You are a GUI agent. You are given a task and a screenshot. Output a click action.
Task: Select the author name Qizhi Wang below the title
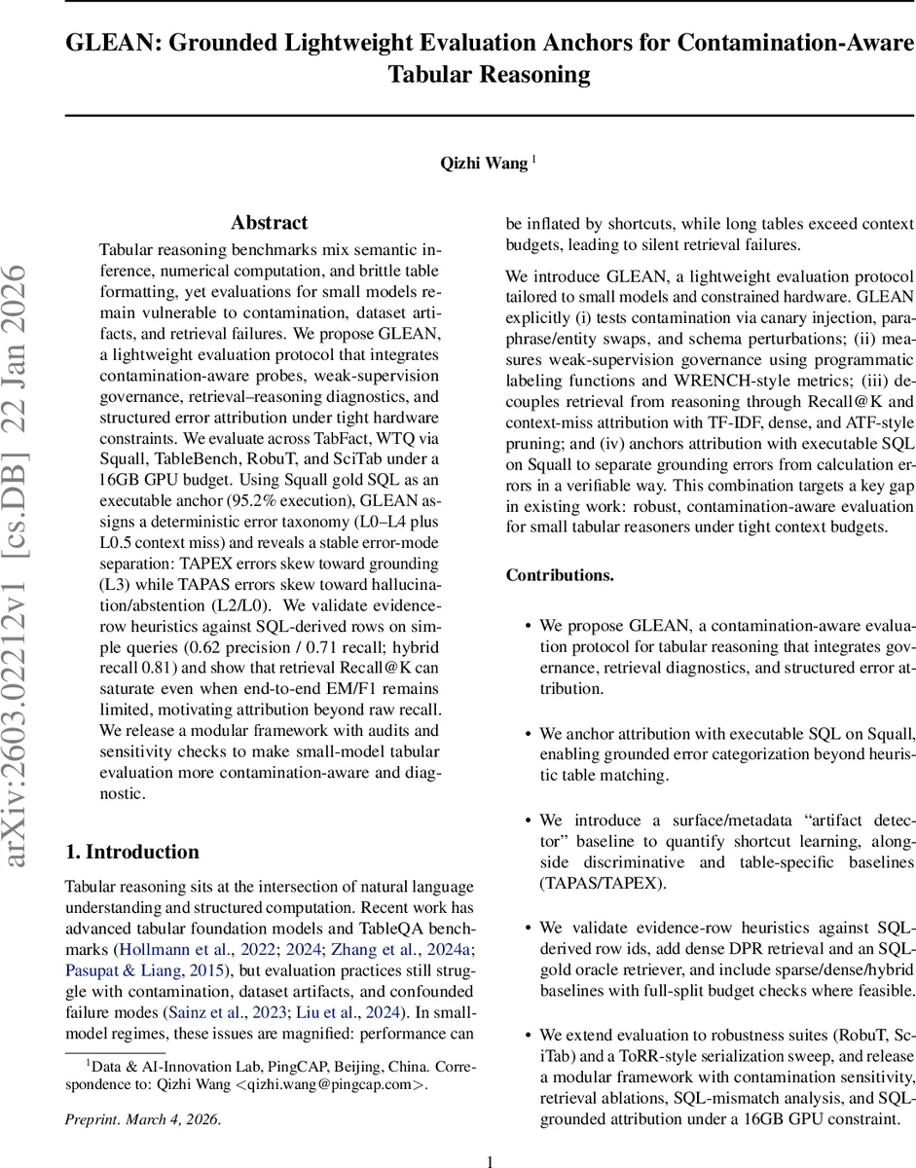click(x=484, y=164)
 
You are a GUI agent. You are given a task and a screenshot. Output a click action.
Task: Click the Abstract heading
click(x=269, y=223)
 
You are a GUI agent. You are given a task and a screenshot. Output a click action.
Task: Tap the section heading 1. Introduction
click(x=131, y=852)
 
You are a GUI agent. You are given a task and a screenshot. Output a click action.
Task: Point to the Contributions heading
click(x=560, y=575)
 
